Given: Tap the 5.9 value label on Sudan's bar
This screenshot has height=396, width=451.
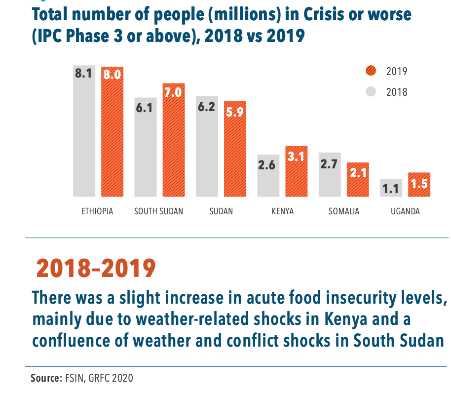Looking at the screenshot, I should point(235,112).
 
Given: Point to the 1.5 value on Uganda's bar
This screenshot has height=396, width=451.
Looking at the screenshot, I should point(419,185).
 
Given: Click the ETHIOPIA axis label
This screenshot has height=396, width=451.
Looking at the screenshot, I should point(98,211).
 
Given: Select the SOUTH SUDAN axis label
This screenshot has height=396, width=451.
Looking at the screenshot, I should point(158,211).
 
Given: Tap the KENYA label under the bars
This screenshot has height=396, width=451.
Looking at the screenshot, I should point(282,211).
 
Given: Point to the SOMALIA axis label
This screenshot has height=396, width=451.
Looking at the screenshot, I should point(344,211).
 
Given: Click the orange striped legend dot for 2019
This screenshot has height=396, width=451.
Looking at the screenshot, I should point(371,71).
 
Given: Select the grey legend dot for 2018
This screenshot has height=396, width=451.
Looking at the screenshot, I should point(371,91).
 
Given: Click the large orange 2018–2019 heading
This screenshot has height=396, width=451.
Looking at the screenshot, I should point(96,268).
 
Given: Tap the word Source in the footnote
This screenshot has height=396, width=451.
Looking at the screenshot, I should point(45,379).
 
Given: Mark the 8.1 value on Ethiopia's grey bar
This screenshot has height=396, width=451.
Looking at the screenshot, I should point(84,74).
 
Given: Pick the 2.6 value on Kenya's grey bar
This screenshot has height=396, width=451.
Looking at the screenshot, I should point(266,165).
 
